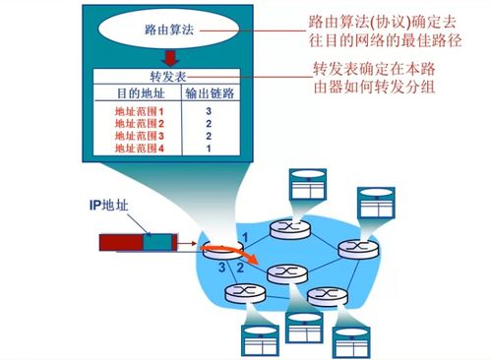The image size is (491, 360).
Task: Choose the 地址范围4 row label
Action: point(138,148)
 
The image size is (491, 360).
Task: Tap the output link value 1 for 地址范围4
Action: point(209,148)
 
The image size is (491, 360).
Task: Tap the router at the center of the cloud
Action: point(283,270)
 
